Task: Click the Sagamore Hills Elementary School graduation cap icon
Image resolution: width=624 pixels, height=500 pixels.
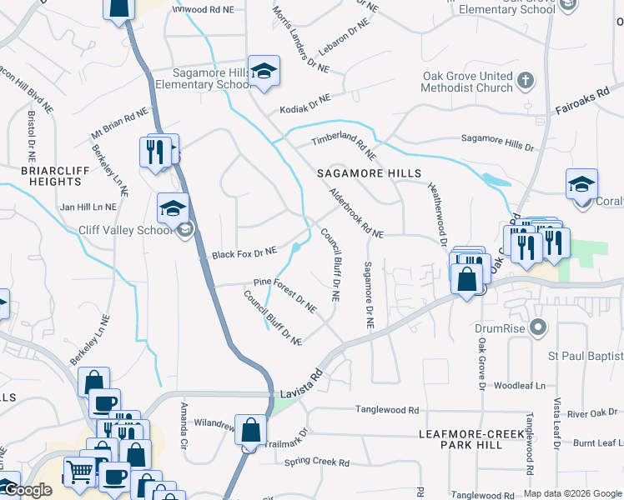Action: [x=264, y=72]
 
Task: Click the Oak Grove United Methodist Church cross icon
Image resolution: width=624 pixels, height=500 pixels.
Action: [x=525, y=82]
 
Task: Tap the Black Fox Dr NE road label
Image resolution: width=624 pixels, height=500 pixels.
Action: [x=244, y=252]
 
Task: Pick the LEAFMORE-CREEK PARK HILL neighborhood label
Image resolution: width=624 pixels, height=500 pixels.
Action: [x=472, y=439]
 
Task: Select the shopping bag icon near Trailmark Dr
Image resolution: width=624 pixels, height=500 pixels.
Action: [x=250, y=430]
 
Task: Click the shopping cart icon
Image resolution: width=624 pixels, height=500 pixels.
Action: [x=79, y=472]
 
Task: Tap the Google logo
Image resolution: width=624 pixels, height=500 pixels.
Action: [x=28, y=491]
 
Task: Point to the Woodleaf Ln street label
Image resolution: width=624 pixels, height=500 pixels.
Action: [x=519, y=386]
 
